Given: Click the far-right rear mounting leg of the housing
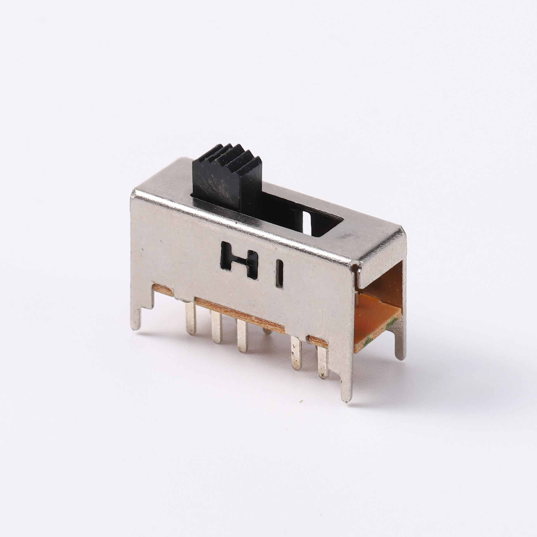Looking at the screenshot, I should (400, 344).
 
